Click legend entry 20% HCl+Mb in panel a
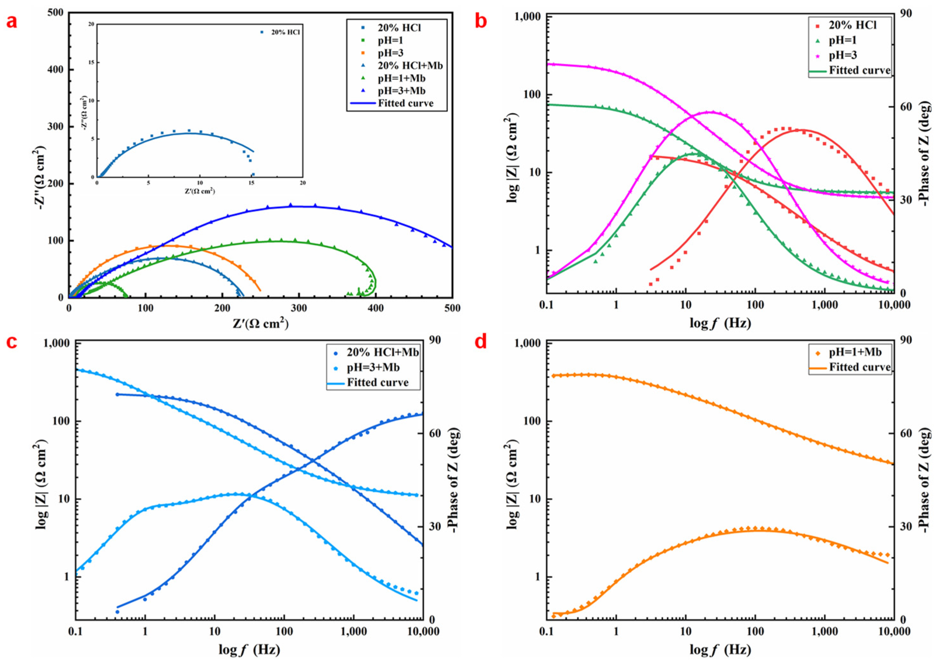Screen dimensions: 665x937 coord(410,65)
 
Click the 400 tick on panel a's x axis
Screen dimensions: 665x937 coord(376,307)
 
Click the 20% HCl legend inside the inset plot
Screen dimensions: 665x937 coord(285,32)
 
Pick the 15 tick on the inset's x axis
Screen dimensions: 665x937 coord(251,183)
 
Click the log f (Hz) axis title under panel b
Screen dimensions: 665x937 coord(720,323)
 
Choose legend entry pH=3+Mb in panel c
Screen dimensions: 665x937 coord(373,367)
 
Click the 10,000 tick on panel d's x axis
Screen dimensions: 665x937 coord(893,631)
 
